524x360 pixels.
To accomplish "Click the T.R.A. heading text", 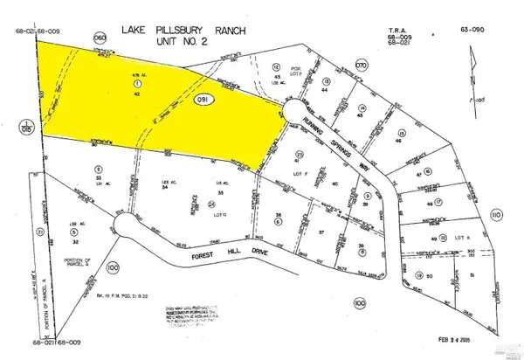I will [397, 31].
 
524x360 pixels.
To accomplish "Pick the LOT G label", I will [218, 212].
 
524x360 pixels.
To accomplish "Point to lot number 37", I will [321, 232].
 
